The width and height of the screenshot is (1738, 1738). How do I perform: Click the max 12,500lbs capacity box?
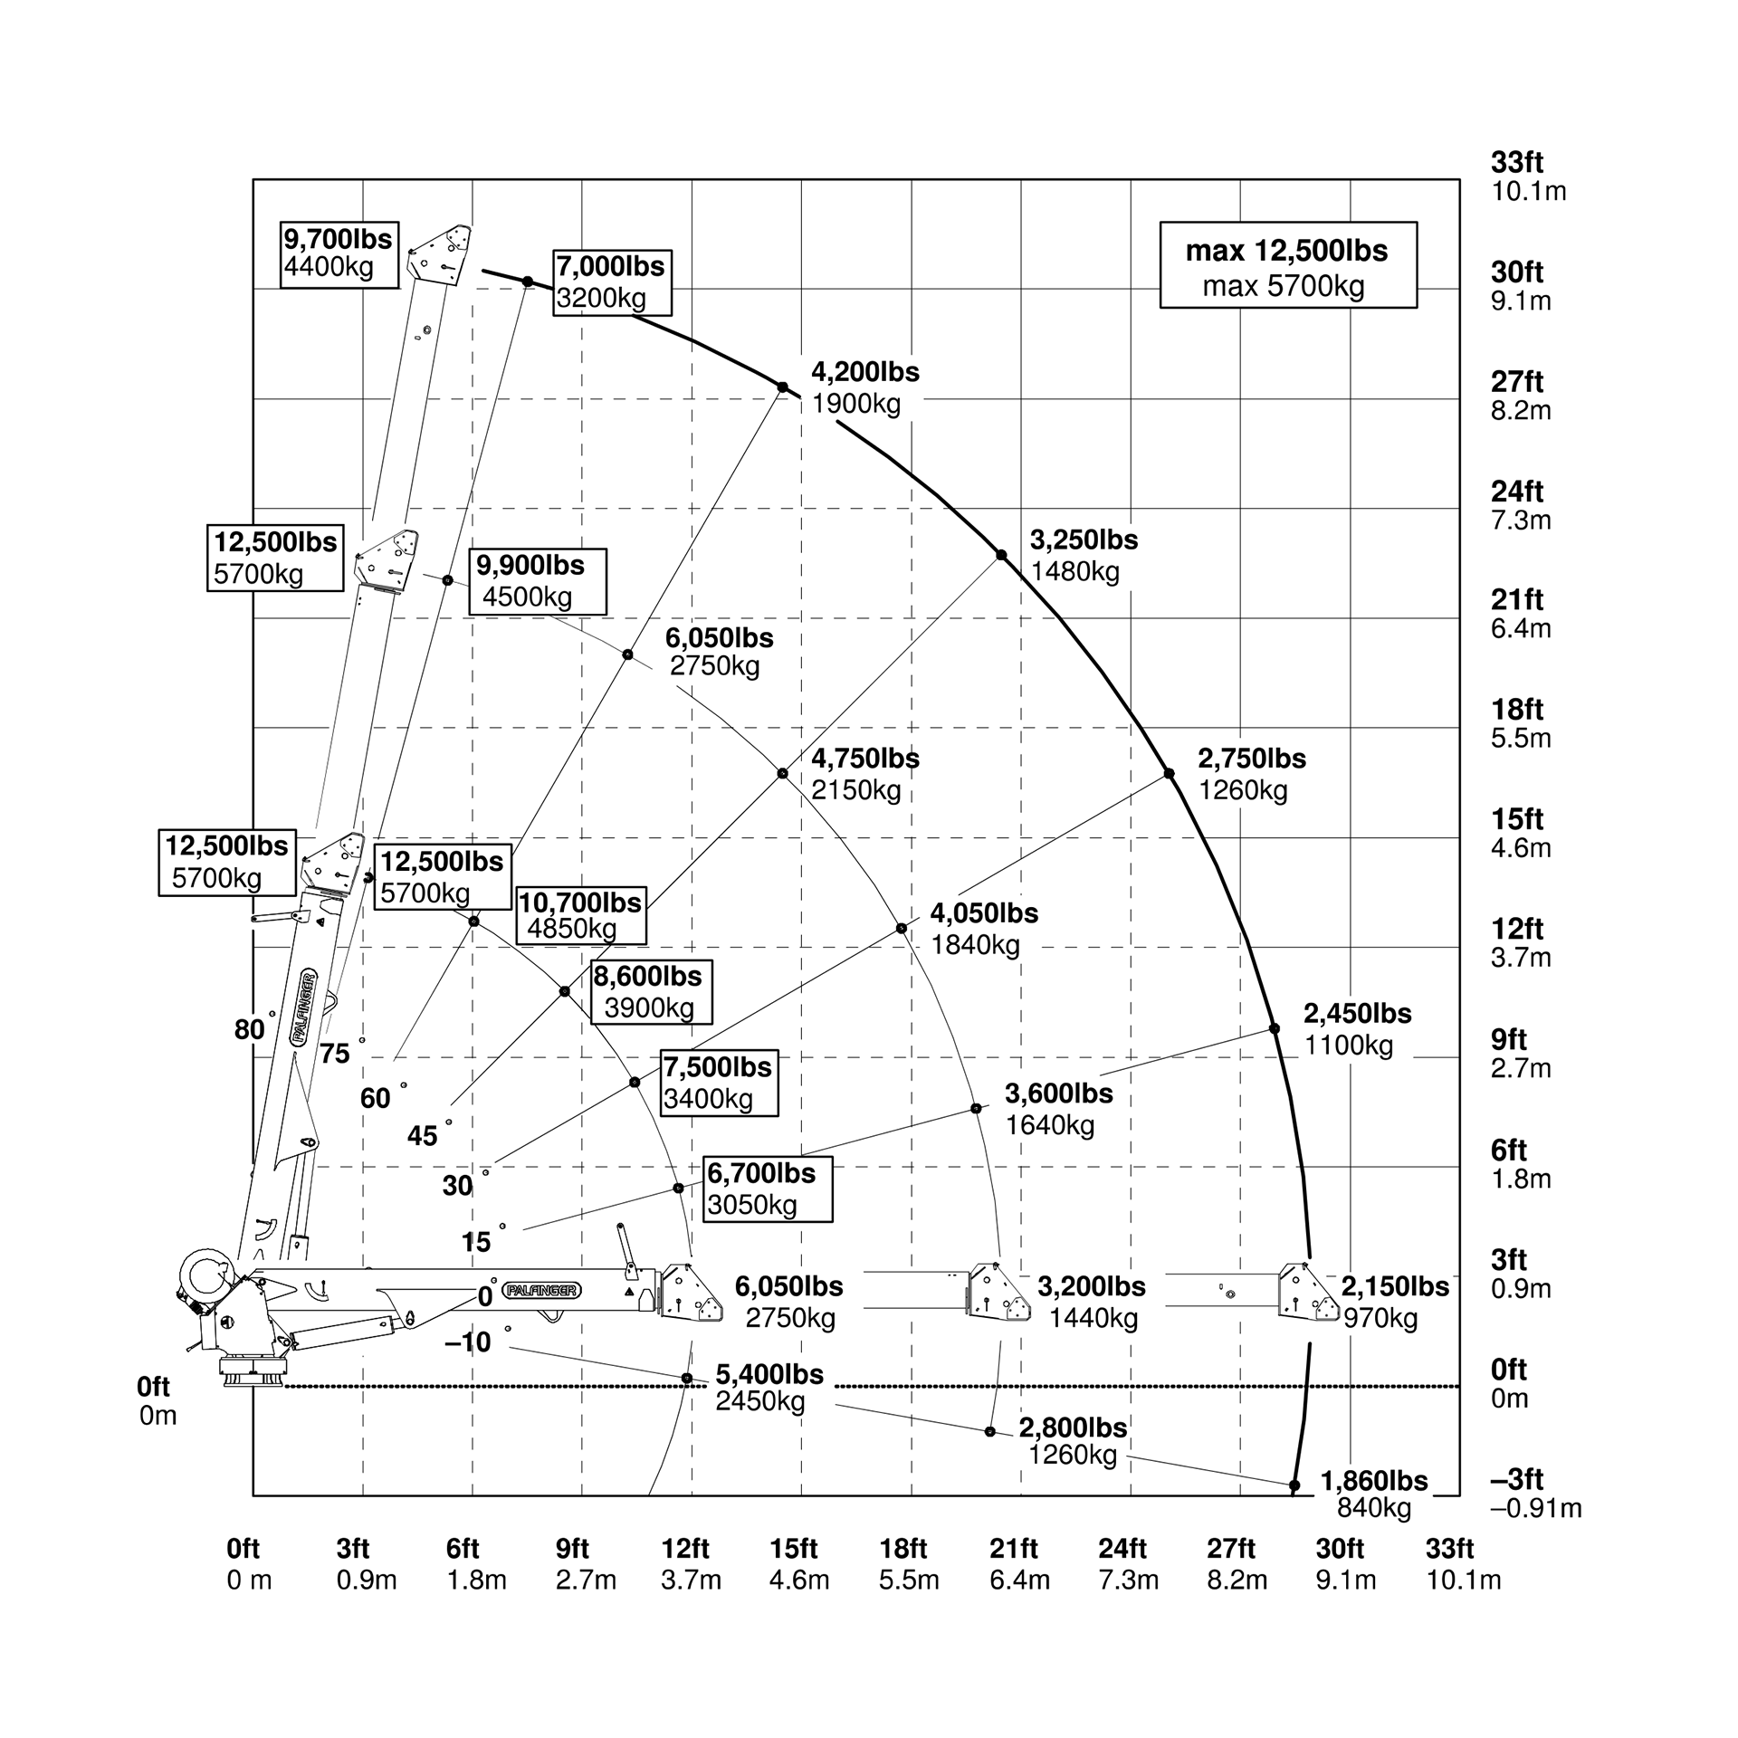(x=1287, y=265)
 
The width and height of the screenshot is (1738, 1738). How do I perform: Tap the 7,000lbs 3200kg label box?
(x=612, y=282)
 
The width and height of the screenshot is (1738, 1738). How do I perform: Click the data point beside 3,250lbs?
(x=1001, y=555)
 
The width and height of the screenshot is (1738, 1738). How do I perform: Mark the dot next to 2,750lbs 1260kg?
(x=1169, y=774)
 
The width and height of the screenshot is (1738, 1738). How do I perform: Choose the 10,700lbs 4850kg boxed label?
(x=580, y=915)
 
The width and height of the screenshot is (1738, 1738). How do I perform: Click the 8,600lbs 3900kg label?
(x=650, y=992)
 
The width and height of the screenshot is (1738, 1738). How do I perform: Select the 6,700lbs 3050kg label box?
(x=767, y=1189)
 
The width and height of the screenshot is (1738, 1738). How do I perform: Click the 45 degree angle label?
(x=422, y=1136)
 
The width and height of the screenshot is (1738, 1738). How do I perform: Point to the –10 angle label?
(x=468, y=1342)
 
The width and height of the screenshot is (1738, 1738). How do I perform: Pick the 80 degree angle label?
(x=249, y=1029)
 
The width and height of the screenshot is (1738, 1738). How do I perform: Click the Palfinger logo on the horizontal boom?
(x=542, y=1291)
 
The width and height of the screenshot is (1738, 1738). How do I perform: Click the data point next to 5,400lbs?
(x=687, y=1379)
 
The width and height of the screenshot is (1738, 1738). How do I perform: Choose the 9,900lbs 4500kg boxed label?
(x=537, y=581)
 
